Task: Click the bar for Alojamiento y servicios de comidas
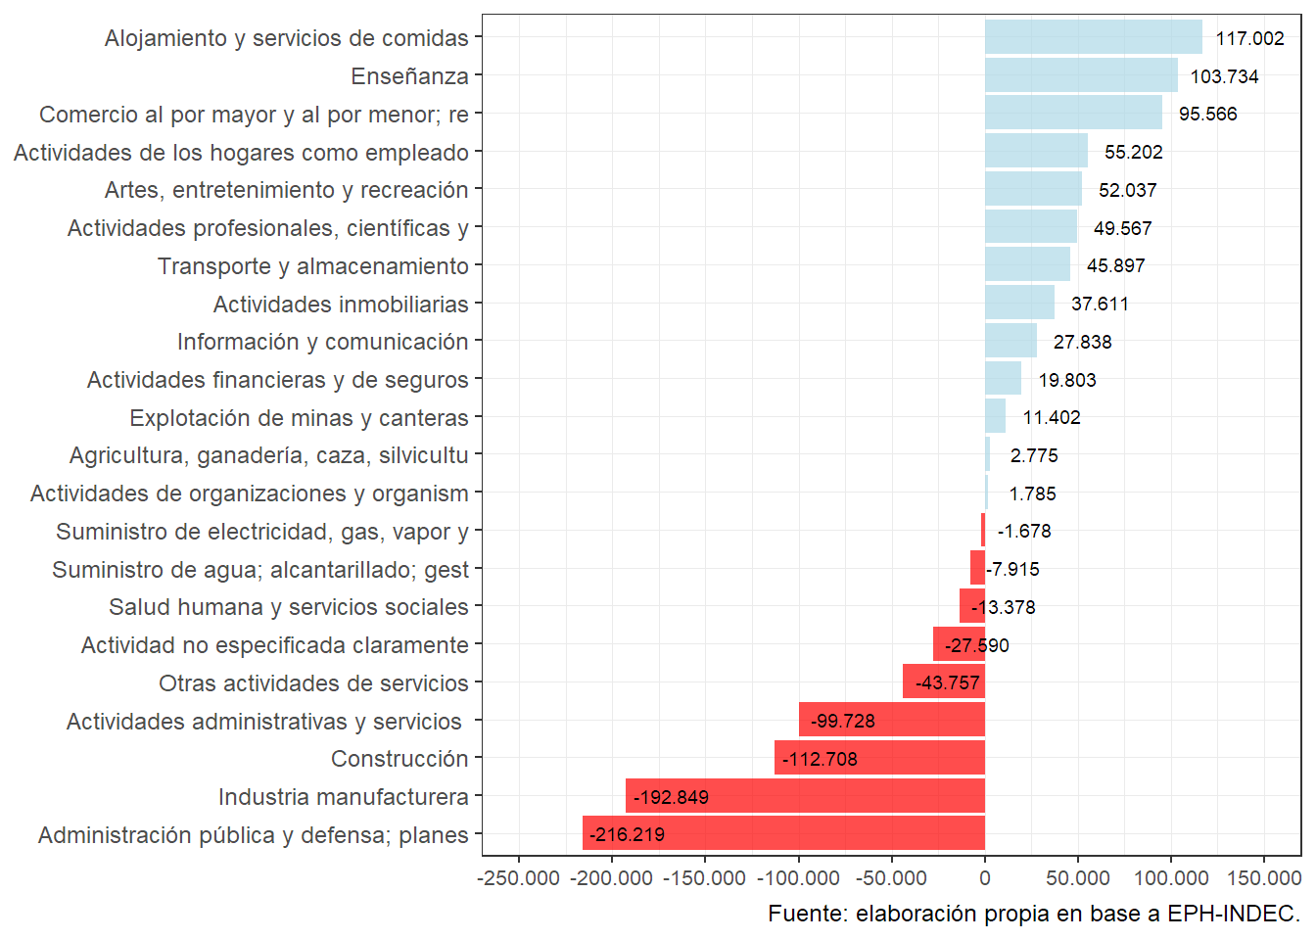click(x=1093, y=37)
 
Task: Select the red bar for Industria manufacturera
click(x=805, y=796)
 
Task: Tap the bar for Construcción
click(x=879, y=758)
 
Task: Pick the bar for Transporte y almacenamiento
click(x=1027, y=264)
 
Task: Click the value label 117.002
click(x=1249, y=38)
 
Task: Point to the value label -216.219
click(x=627, y=834)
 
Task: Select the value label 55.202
click(x=1133, y=152)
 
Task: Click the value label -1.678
click(x=1023, y=531)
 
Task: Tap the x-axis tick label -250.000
click(x=519, y=878)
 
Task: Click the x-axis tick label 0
click(x=985, y=878)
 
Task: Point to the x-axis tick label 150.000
click(x=1263, y=878)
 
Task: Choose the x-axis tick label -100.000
click(x=798, y=878)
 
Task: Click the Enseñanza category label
click(x=409, y=76)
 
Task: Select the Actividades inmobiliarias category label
click(x=341, y=305)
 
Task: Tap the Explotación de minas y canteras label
click(x=299, y=418)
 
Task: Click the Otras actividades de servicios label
click(x=313, y=683)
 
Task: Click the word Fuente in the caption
click(x=806, y=914)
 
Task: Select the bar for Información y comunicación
click(x=1010, y=341)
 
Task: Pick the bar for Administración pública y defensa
click(x=783, y=833)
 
